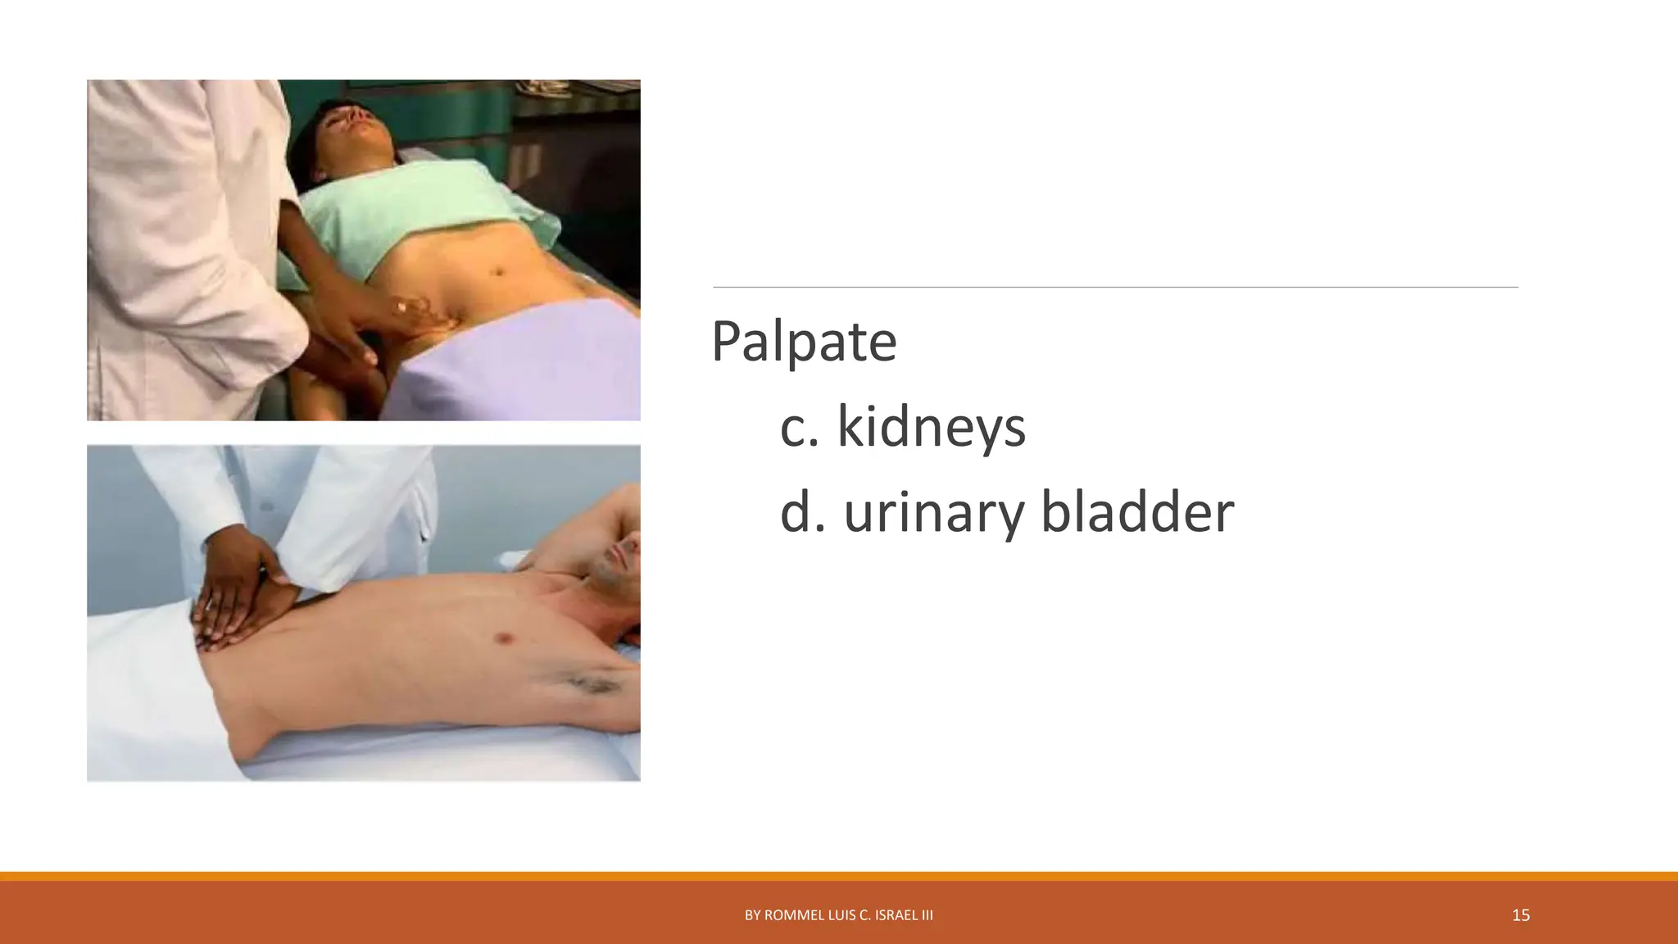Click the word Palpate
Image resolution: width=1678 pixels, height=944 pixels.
(803, 342)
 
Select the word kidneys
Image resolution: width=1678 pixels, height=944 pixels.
(931, 428)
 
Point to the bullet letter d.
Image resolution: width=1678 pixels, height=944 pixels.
(799, 512)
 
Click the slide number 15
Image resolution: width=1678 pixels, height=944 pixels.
(1521, 915)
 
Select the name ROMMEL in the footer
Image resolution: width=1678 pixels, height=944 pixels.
(793, 915)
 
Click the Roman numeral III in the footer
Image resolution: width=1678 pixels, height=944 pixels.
(926, 915)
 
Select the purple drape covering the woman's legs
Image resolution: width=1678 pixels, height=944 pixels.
(524, 361)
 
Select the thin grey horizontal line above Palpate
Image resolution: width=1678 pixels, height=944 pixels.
(1114, 288)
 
